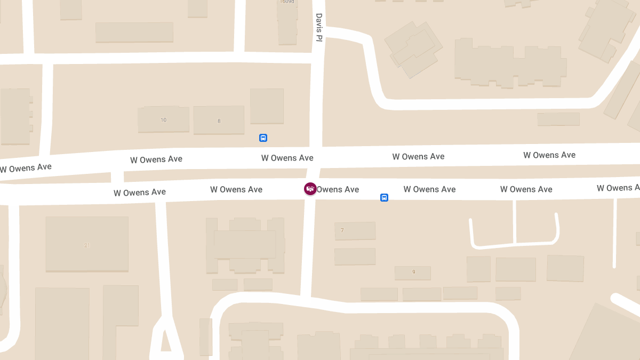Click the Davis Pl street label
point(319,27)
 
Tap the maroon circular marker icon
point(310,189)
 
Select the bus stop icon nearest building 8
point(263,138)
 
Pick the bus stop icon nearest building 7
point(384,198)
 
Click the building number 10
point(164,120)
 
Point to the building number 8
point(219,121)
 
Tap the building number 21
point(87,245)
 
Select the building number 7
point(342,230)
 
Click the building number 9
point(413,272)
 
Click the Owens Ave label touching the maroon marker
point(338,189)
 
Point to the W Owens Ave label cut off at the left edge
point(26,168)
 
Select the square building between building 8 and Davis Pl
point(267,106)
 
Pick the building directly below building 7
point(355,257)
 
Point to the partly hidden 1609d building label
point(287,2)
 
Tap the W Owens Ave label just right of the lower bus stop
point(429,189)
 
